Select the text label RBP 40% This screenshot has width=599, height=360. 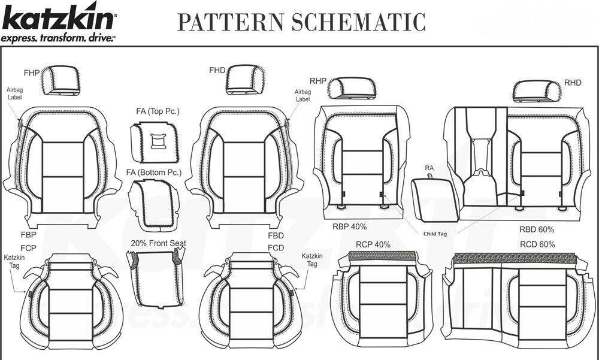(350, 227)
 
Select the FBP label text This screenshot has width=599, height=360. (29, 235)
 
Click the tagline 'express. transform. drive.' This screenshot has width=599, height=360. (58, 38)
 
